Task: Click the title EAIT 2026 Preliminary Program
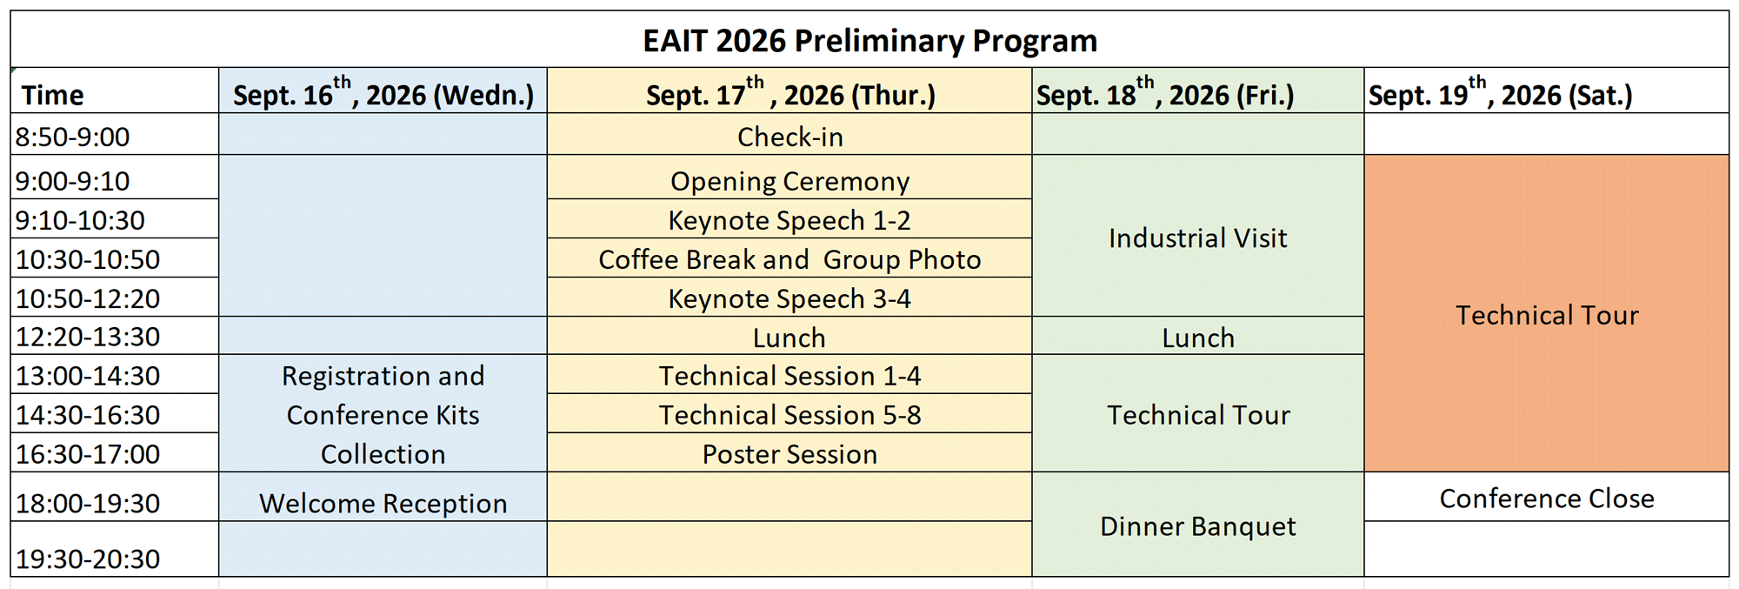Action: pos(869,41)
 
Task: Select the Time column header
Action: pos(53,95)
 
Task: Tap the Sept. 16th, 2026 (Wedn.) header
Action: pos(383,92)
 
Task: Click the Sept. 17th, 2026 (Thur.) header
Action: pos(790,92)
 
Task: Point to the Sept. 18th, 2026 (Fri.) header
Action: pos(1165,92)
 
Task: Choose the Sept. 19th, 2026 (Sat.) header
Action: pos(1501,92)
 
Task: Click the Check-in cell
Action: pos(790,137)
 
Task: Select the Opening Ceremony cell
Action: pos(790,181)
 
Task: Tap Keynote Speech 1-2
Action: pos(790,220)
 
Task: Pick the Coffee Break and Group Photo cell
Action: pos(790,259)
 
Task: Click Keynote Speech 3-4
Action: pos(790,298)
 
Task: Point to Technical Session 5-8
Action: pos(790,415)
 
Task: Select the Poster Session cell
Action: pos(790,454)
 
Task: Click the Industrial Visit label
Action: pos(1198,238)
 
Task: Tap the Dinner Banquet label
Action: pos(1198,526)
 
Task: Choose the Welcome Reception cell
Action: pos(383,504)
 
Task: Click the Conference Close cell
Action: pos(1547,499)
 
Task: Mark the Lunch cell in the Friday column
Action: pos(1198,338)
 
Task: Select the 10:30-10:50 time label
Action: pos(88,259)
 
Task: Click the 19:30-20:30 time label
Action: pos(88,559)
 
